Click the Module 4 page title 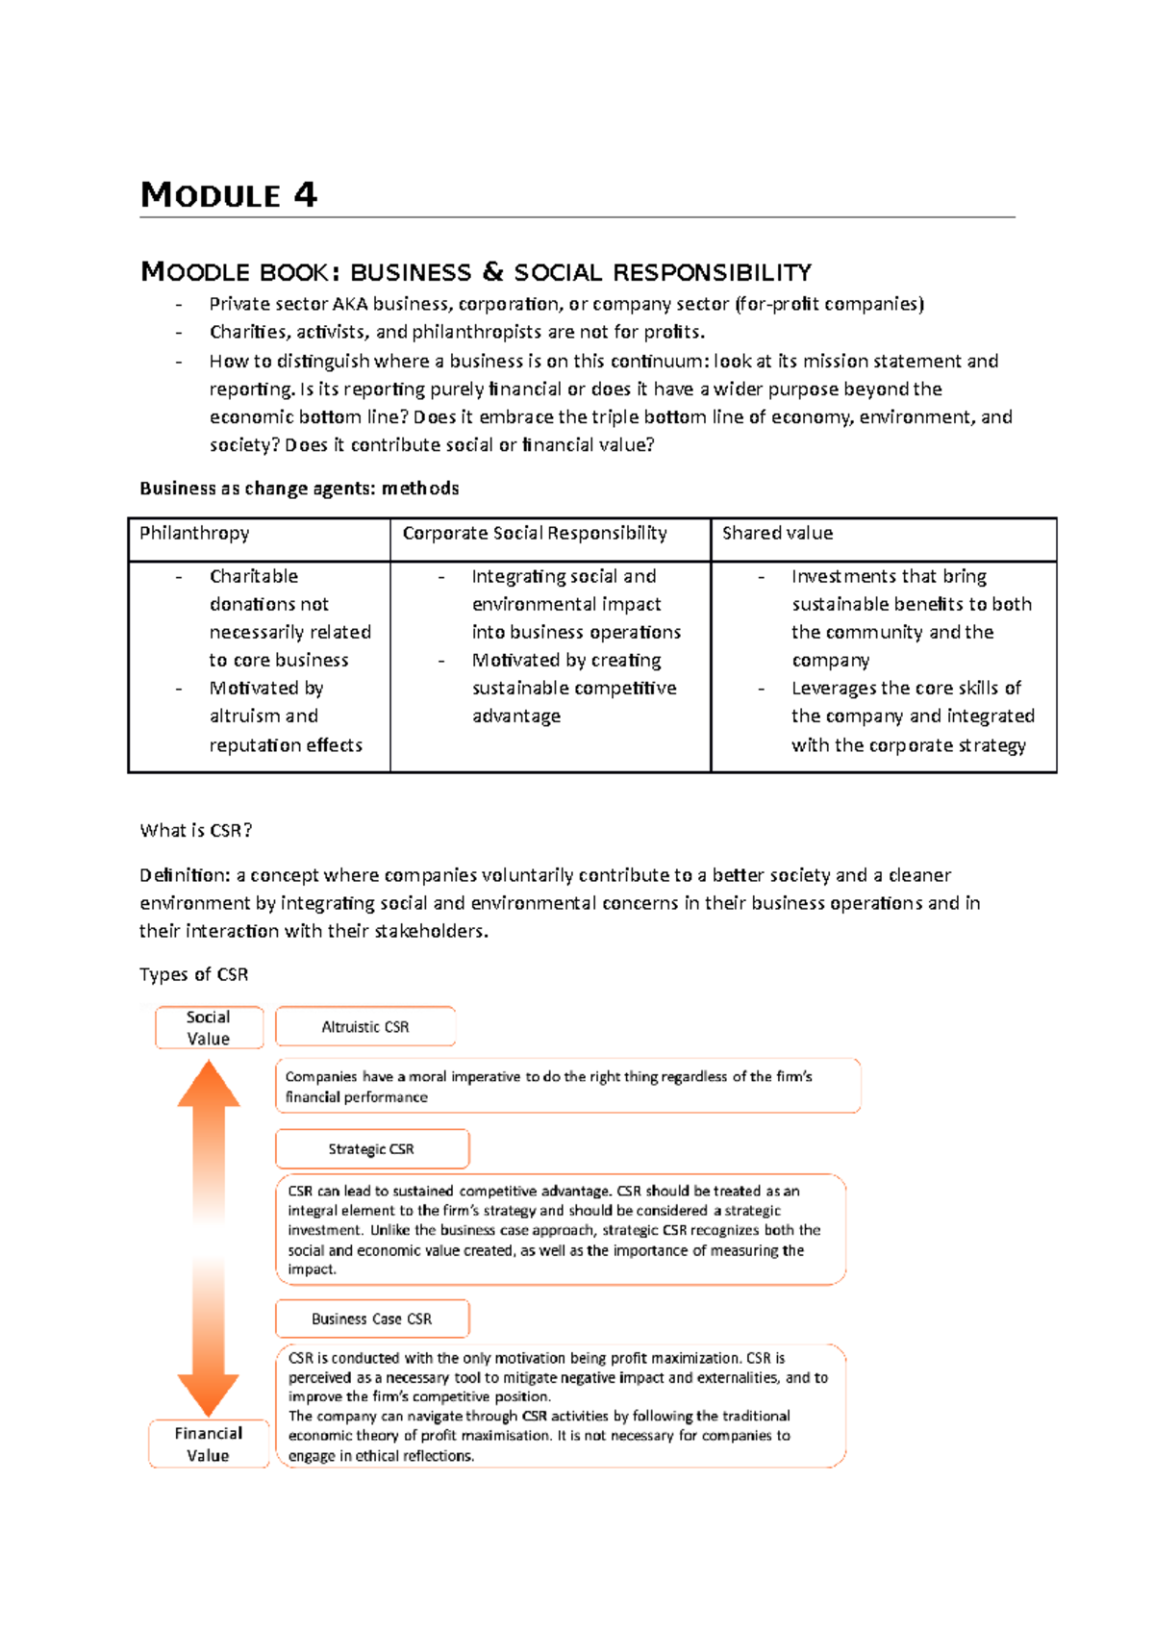[x=228, y=195]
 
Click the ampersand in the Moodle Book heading [x=492, y=272]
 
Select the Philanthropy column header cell [x=259, y=539]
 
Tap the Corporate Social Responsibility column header [x=549, y=539]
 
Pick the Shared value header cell [x=883, y=539]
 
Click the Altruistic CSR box [x=365, y=1026]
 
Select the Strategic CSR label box [x=372, y=1149]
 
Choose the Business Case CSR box [x=372, y=1319]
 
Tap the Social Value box [x=209, y=1027]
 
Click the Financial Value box [x=209, y=1444]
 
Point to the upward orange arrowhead [x=209, y=1084]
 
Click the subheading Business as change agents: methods [x=299, y=489]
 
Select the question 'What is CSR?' [x=196, y=831]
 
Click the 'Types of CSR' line [x=193, y=974]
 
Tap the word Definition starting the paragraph [x=184, y=875]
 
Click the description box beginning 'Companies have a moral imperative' [x=567, y=1086]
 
